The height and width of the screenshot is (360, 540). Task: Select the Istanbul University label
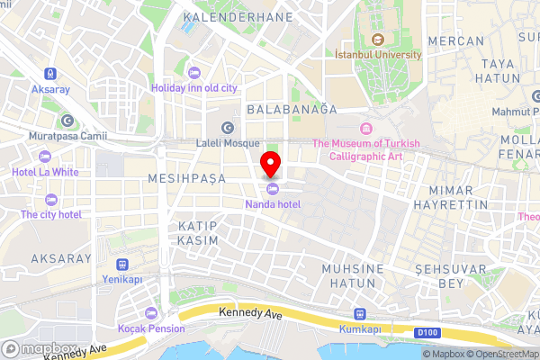(x=377, y=54)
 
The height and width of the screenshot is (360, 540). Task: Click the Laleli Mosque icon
(x=227, y=127)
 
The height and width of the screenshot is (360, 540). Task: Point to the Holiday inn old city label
(x=194, y=87)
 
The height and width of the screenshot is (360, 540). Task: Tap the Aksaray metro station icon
(x=50, y=74)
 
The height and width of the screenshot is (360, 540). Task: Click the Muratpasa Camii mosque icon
(x=67, y=121)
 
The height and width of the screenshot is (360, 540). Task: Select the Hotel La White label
(x=45, y=171)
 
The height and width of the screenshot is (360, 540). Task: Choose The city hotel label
(x=51, y=214)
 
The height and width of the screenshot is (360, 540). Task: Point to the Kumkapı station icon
(x=359, y=314)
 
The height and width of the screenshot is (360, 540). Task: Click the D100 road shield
(x=428, y=333)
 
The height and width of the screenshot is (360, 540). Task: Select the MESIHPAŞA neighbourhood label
(x=189, y=179)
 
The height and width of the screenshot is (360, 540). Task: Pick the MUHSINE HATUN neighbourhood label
(x=353, y=276)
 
